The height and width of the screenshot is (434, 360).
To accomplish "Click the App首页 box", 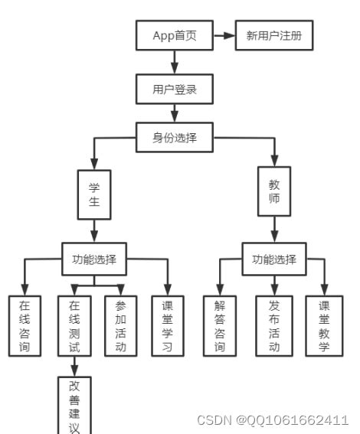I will coord(175,35).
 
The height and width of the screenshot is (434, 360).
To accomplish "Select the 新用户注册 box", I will coord(274,35).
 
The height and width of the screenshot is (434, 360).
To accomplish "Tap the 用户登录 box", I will coord(175,89).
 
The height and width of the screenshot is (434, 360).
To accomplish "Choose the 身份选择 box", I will coord(175,138).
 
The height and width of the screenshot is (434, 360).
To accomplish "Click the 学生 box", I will coord(93,194).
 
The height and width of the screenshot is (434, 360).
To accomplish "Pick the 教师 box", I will coord(274,194).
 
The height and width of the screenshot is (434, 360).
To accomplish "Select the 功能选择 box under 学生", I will coord(94,259).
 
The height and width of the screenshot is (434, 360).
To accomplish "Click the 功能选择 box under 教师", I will coord(273,259).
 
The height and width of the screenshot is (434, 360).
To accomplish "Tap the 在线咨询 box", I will coord(25,325).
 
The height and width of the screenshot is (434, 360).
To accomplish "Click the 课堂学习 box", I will coord(168,325).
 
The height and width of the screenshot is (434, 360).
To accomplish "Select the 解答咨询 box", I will coord(220,325).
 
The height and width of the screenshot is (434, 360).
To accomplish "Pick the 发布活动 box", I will coord(273,325).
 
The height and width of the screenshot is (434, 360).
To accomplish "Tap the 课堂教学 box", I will coord(323,325).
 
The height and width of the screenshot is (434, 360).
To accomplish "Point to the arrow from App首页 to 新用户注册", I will coord(224,35).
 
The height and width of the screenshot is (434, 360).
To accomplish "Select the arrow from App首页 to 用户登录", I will coord(175,62).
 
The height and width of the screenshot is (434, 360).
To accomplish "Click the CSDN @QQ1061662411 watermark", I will coord(273,420).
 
